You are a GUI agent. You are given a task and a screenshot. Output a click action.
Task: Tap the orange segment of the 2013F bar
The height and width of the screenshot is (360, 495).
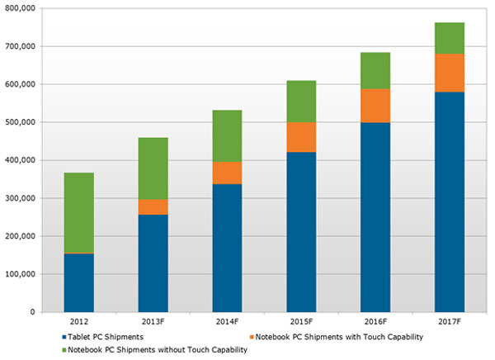click(153, 206)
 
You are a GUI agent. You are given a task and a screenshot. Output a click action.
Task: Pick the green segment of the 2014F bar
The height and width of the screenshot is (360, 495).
click(227, 135)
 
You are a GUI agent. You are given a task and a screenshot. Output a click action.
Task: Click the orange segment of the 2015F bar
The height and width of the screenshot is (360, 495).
click(301, 137)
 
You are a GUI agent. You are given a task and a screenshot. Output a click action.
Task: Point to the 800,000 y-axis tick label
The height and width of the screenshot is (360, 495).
click(20, 8)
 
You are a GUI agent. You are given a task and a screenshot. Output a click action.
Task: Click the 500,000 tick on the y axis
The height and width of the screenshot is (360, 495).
click(20, 122)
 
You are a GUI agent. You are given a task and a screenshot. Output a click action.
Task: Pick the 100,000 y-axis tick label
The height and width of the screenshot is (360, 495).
click(20, 274)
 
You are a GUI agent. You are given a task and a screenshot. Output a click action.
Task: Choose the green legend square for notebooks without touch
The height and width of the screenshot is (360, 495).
click(64, 350)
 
